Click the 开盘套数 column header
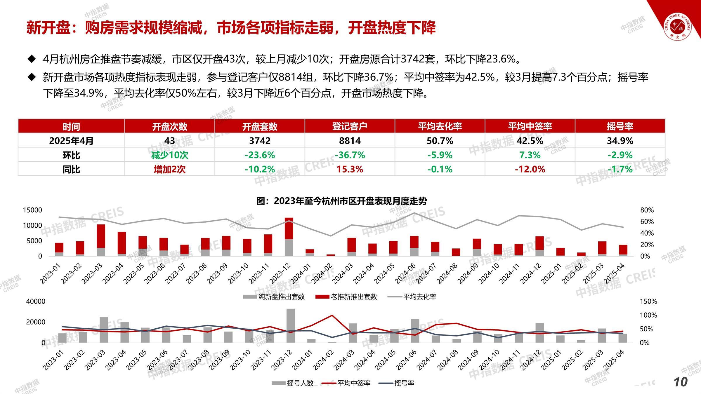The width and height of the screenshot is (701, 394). click(x=260, y=126)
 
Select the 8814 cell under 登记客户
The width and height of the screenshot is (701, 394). click(x=350, y=141)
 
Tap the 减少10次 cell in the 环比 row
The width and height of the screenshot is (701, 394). click(x=169, y=155)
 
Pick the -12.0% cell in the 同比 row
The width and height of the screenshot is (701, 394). click(x=530, y=169)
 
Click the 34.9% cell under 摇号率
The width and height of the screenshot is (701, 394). click(x=620, y=141)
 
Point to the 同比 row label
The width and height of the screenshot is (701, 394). click(x=71, y=169)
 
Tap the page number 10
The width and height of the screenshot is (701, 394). click(x=680, y=382)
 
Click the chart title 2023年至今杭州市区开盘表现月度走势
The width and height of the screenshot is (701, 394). click(x=342, y=201)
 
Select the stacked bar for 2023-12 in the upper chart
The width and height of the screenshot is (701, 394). click(x=289, y=236)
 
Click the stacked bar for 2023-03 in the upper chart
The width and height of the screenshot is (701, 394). click(x=101, y=240)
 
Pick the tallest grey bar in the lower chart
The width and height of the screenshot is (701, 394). click(x=290, y=325)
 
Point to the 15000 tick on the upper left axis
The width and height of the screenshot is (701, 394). click(x=33, y=210)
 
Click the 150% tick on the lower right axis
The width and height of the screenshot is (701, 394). click(x=648, y=301)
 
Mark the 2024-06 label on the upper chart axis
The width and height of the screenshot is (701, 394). click(x=406, y=273)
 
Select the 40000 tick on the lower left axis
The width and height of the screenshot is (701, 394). click(x=36, y=301)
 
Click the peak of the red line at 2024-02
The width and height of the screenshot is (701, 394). click(x=332, y=315)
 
